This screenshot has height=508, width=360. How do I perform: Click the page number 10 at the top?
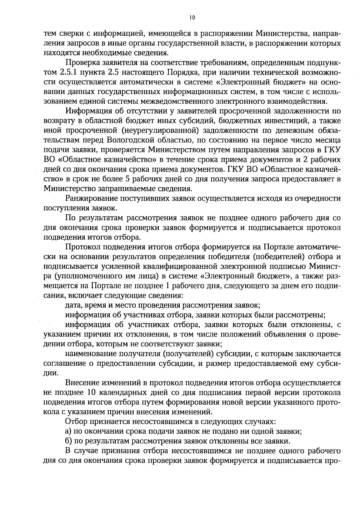pyautogui.click(x=192, y=18)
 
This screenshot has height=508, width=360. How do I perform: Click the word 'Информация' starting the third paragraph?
pyautogui.click(x=87, y=111)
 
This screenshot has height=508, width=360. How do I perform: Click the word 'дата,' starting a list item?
pyautogui.click(x=73, y=305)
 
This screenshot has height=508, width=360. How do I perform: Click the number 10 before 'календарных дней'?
pyautogui.click(x=91, y=393)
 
